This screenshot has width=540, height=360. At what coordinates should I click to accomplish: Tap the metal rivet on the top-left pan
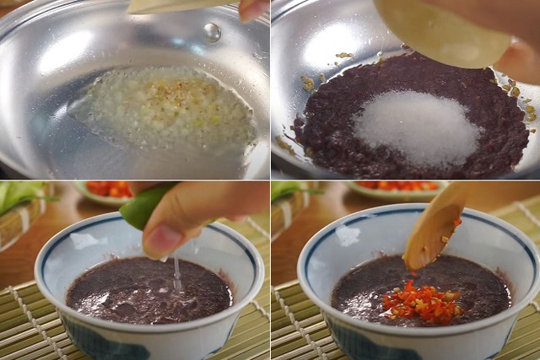click(x=213, y=32)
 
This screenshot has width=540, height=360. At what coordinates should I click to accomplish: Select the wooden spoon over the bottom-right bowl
click(x=435, y=228)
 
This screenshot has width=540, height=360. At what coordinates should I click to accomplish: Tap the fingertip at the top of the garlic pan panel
click(x=251, y=9)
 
